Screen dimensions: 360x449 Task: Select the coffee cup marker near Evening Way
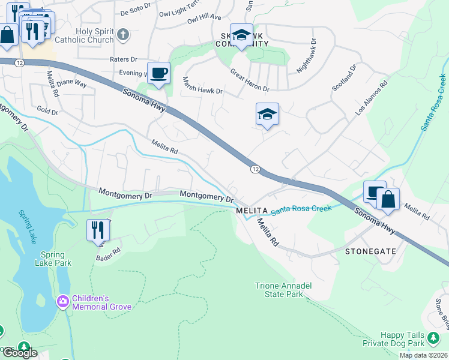(158, 74)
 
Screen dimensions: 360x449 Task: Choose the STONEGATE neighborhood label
(370, 251)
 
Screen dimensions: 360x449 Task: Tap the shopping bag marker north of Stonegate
(388, 199)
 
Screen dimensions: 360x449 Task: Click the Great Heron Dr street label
(250, 80)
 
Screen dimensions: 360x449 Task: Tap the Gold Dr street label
(47, 111)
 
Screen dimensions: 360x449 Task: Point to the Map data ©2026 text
(423, 355)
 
